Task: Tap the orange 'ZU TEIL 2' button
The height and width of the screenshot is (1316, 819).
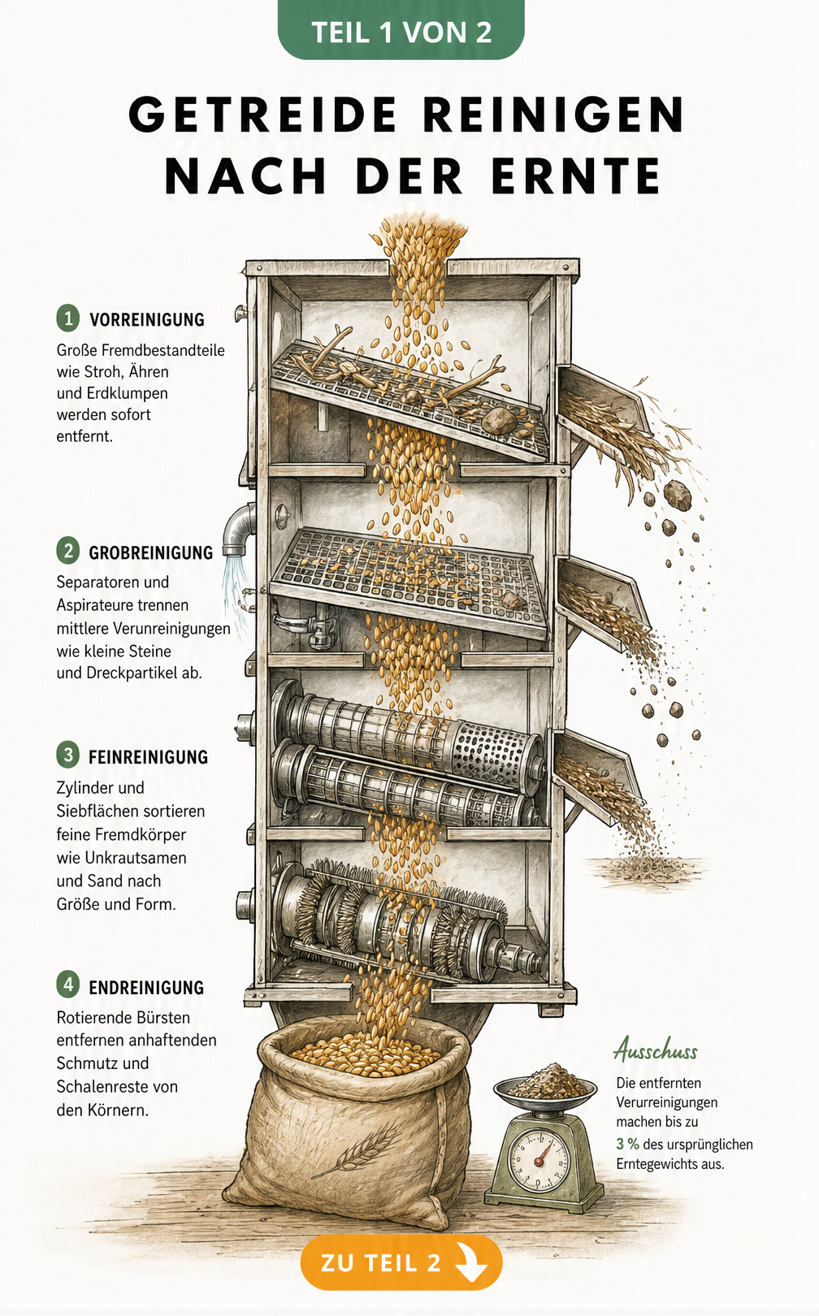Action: [401, 1262]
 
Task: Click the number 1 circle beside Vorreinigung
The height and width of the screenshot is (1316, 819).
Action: [68, 318]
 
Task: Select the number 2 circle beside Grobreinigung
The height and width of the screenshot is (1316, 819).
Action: [68, 551]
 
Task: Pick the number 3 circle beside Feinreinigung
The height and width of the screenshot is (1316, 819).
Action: [68, 755]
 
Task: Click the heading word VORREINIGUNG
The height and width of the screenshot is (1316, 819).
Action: [147, 319]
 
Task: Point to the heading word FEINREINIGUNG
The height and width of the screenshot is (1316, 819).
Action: [148, 757]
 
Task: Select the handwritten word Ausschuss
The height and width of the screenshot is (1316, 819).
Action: [655, 1050]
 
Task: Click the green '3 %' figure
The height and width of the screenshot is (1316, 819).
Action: [627, 1144]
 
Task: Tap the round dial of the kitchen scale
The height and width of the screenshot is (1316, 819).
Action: [538, 1160]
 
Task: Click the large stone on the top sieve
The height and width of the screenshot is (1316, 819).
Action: [499, 419]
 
